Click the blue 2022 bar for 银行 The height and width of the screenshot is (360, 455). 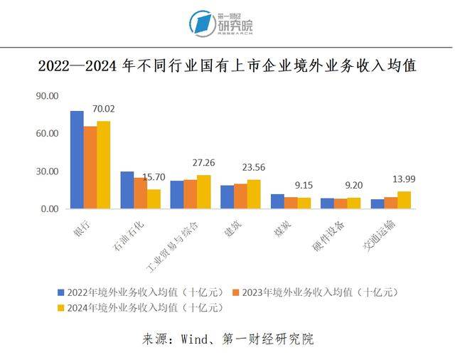coord(77,160)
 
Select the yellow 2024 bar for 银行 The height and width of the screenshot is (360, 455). coord(104,165)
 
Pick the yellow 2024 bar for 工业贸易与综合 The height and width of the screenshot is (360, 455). coord(204,192)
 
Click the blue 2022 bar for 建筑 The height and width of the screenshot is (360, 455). coord(227,197)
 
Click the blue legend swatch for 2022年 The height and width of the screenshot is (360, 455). coord(61,292)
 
